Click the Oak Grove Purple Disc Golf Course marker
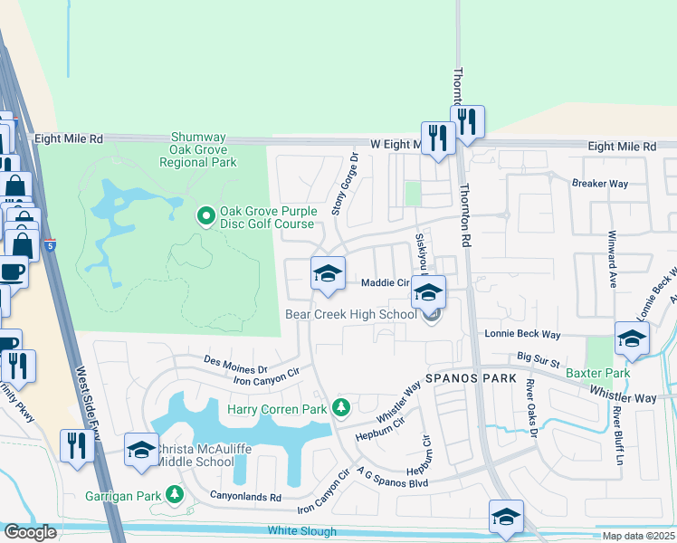click(x=205, y=216)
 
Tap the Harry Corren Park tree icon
click(x=340, y=409)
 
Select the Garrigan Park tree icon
click(x=173, y=495)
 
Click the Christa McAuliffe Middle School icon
click(x=141, y=451)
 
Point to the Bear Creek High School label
click(x=351, y=314)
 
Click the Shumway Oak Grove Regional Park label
click(x=198, y=149)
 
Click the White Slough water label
click(x=301, y=531)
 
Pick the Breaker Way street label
click(x=599, y=183)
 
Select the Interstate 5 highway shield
click(x=51, y=244)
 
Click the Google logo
click(x=30, y=532)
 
